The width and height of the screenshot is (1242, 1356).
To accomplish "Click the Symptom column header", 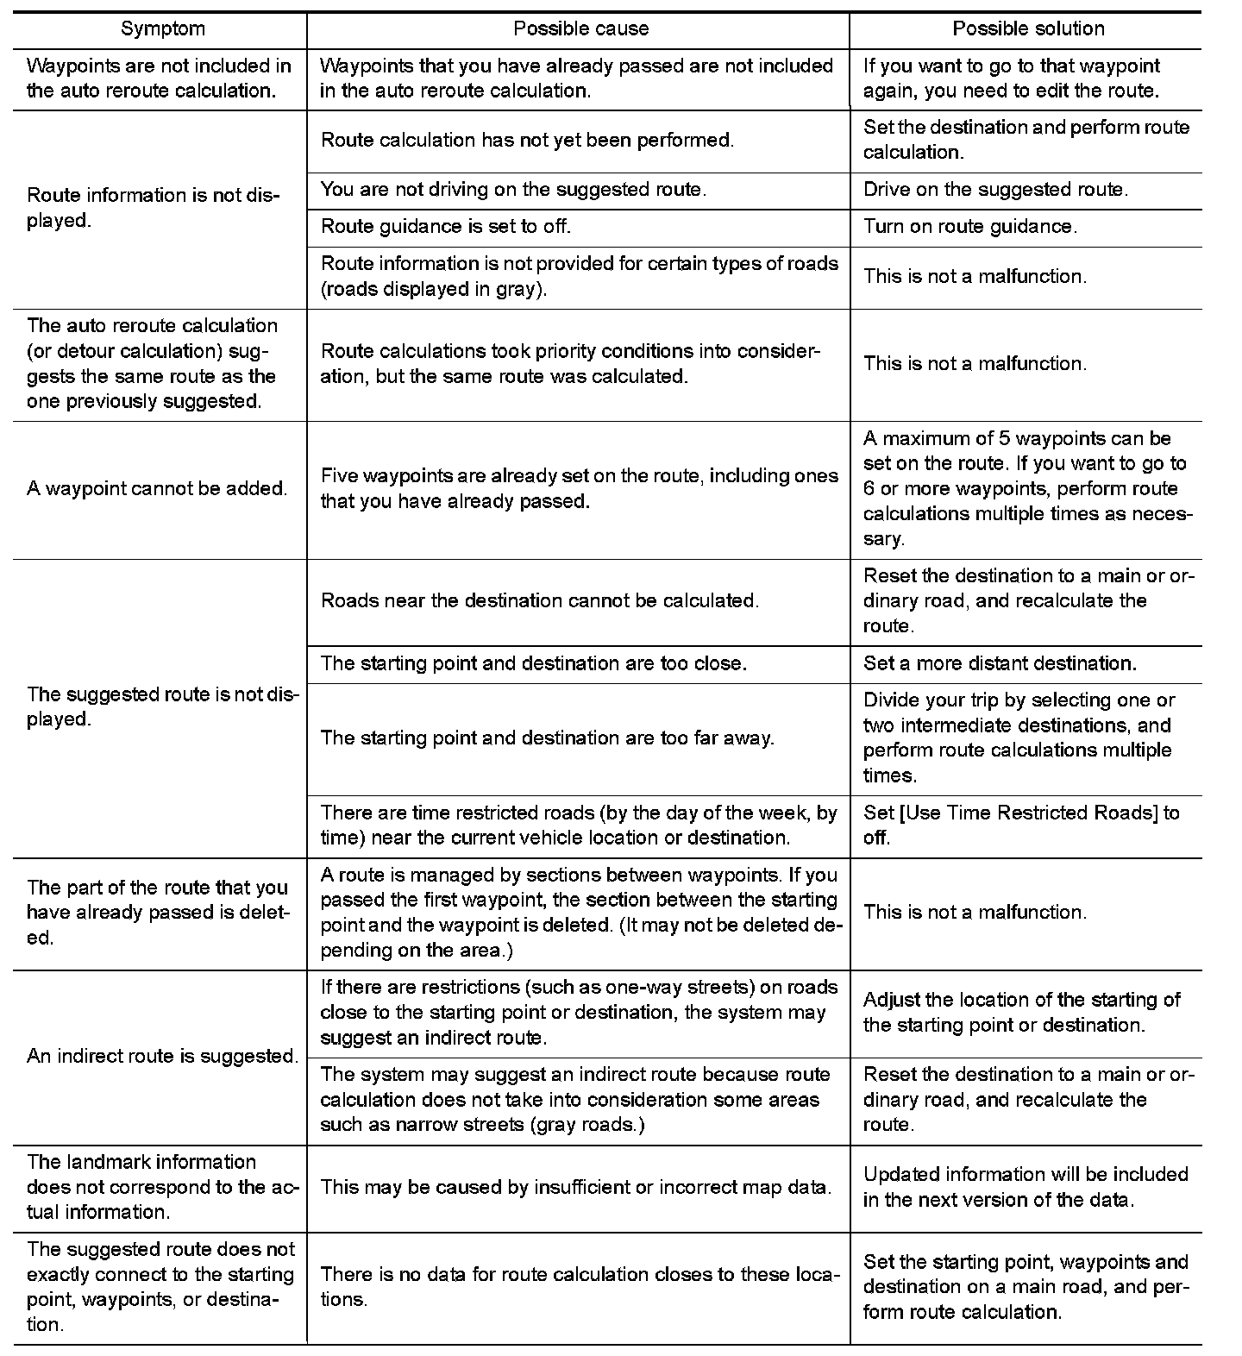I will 162,29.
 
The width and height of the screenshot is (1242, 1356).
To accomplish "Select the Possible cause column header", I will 580,29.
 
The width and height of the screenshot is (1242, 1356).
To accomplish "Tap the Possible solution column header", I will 1028,29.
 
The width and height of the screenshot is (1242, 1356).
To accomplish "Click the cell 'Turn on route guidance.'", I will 971,227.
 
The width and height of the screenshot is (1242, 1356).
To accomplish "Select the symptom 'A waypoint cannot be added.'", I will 157,489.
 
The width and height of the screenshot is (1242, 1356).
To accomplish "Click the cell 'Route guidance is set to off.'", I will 446,227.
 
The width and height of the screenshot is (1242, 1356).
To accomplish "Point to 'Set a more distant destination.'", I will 1000,663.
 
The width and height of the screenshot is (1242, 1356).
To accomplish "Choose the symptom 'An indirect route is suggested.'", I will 162,1057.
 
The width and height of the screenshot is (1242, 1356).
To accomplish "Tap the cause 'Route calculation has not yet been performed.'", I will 527,141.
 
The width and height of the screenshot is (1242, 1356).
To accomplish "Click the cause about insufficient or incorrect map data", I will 575,1188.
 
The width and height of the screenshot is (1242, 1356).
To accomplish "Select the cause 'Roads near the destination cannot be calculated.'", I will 540,601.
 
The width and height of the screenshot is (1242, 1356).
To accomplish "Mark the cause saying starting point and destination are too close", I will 533,663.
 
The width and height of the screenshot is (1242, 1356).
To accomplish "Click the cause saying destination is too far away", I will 547,738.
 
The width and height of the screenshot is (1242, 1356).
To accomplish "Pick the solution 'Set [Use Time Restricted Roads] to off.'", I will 1021,826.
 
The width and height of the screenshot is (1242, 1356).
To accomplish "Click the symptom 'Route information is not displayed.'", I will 154,208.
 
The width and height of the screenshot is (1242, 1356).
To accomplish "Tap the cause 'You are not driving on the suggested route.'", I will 513,190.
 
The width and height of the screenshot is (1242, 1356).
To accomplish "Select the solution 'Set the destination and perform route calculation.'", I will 1026,140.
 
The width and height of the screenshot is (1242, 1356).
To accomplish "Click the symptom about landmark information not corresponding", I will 162,1187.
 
